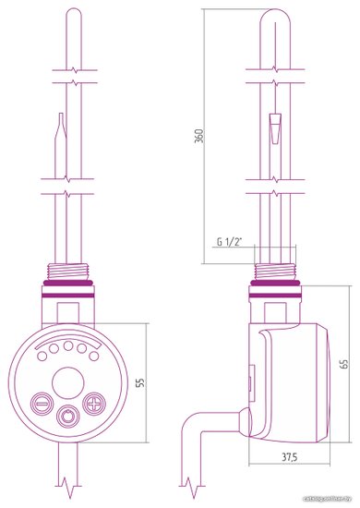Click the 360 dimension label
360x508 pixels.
point(199,136)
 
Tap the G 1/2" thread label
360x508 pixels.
point(229,242)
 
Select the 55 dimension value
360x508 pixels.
point(141,382)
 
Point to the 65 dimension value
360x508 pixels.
point(345,364)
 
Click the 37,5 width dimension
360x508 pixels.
point(289,457)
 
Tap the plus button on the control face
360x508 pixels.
point(94,404)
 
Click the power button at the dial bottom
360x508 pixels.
point(67,417)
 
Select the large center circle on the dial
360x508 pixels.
point(68,383)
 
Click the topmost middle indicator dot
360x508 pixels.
point(68,345)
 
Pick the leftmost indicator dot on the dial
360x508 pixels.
point(42,356)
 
